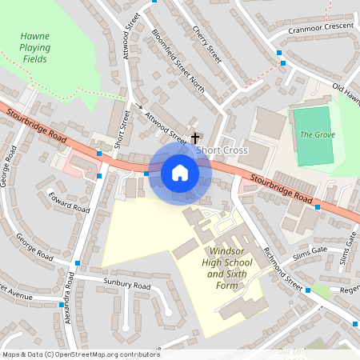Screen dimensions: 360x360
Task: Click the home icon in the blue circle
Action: click(180, 173)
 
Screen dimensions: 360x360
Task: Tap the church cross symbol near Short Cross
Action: click(195, 138)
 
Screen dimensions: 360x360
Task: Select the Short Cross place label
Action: click(222, 150)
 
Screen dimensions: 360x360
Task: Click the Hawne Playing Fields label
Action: click(35, 47)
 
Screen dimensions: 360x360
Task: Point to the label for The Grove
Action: click(317, 134)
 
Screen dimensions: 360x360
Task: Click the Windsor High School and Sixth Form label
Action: click(222, 268)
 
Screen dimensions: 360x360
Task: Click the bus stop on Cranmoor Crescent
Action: click(281, 53)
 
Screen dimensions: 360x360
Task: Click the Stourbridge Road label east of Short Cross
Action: click(279, 187)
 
